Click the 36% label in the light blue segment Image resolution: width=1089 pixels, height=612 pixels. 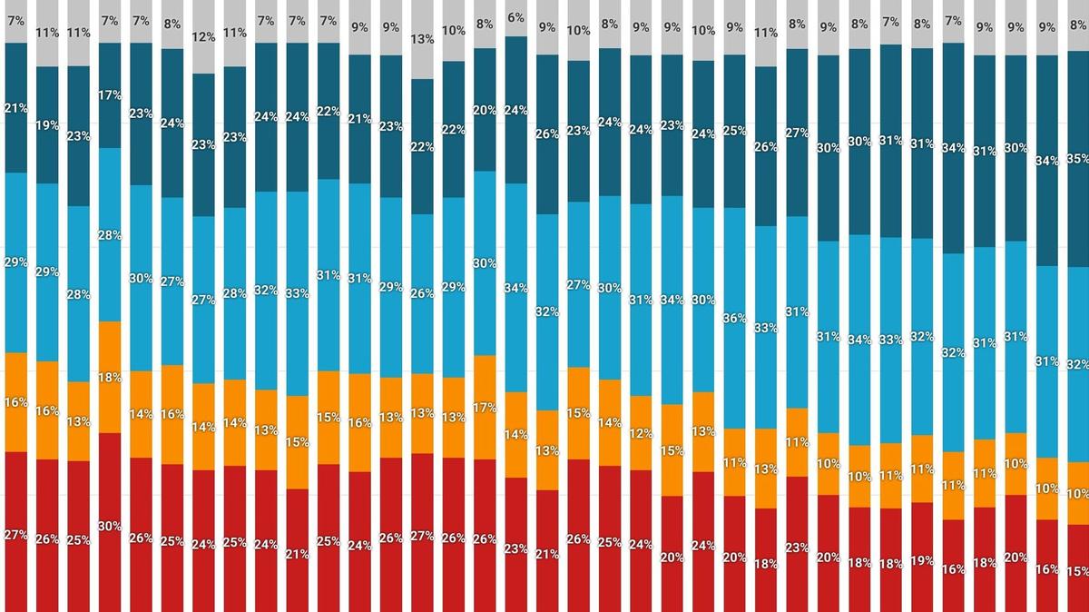[x=734, y=319]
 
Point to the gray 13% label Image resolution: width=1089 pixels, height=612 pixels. [x=422, y=39]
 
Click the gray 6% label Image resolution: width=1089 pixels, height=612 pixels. [x=515, y=17]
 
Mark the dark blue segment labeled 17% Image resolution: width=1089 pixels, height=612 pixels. [x=109, y=94]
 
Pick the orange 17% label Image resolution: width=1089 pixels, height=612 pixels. [x=485, y=408]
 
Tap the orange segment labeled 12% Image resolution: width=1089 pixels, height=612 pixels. [x=641, y=432]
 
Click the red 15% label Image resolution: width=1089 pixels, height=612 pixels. [x=1078, y=571]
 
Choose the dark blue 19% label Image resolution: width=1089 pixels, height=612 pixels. [x=46, y=126]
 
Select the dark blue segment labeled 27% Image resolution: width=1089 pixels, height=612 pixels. [x=797, y=133]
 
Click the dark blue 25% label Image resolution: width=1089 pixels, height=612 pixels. [x=734, y=131]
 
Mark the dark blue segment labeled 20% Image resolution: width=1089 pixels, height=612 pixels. [x=485, y=110]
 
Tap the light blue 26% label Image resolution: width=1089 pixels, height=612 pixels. [x=422, y=293]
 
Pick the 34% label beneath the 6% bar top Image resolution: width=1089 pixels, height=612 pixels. [x=515, y=288]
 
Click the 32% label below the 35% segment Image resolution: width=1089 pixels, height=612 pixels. [x=1078, y=364]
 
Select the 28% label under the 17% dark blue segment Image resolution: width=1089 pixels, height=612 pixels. [x=109, y=235]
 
